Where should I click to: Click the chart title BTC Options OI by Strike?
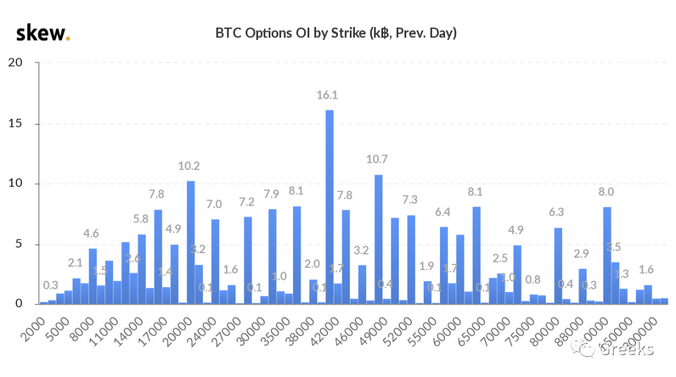click(x=336, y=33)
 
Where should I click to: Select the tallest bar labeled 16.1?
click(x=329, y=207)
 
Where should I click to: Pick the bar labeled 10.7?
click(x=378, y=239)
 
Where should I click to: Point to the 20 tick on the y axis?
click(x=16, y=63)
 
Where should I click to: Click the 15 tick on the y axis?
click(x=16, y=124)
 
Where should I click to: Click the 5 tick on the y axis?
click(x=19, y=244)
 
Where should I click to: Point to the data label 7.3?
click(x=411, y=200)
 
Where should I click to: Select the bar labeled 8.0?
click(x=607, y=256)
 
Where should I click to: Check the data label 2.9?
click(x=582, y=254)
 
